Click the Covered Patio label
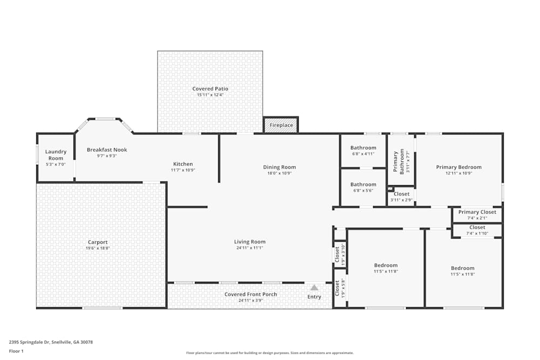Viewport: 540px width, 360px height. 210,89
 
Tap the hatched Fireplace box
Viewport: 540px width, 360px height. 281,125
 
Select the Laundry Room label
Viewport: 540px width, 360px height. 56,155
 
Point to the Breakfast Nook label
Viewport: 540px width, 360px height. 106,150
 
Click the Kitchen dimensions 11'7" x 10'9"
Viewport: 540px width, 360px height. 183,170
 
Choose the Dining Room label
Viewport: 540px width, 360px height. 279,167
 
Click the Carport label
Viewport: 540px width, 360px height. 98,242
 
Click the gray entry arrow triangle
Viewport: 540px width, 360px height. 314,288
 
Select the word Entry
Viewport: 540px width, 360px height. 314,297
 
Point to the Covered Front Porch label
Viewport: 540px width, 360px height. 251,294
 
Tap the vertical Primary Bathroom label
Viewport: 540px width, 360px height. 398,161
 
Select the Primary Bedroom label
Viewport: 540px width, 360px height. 458,167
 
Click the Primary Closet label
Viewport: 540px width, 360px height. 477,212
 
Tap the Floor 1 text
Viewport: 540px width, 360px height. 17,351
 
